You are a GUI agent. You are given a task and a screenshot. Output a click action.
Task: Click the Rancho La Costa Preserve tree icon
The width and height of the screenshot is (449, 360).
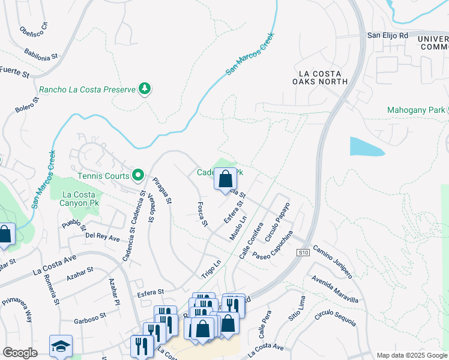144,89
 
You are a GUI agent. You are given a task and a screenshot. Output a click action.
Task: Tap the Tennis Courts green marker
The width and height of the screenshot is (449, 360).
138,176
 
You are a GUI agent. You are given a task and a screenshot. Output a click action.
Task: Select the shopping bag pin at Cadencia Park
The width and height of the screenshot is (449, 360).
225,178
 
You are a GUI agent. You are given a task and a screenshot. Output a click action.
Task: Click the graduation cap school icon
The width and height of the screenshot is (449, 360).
61,346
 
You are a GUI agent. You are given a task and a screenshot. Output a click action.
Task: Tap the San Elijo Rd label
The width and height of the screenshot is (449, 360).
387,35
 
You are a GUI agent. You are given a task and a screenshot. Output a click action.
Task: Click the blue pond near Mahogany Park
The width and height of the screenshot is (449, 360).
366,146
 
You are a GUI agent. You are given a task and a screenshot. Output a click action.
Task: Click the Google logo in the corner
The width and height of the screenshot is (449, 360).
19,353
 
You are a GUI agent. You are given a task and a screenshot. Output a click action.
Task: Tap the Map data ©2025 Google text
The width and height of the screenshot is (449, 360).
411,355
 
